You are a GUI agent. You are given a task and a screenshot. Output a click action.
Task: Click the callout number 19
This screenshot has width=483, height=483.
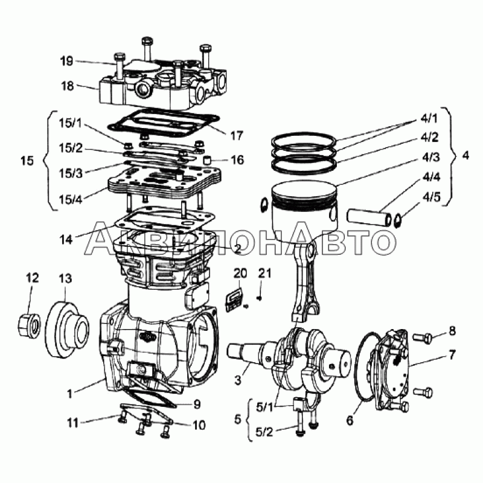tap(66, 61)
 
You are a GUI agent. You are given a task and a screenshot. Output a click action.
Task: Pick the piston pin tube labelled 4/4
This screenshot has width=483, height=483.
tap(368, 216)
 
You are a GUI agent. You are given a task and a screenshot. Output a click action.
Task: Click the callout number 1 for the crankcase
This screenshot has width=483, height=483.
tap(70, 394)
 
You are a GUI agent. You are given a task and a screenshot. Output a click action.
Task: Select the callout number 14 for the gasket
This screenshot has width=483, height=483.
tap(67, 240)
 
